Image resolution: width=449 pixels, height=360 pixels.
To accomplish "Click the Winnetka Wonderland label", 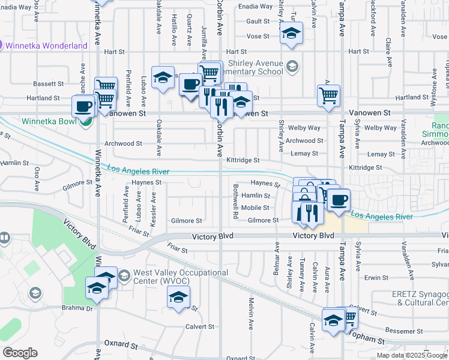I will coord(46,46).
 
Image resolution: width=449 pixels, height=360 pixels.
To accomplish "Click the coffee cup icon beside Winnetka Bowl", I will coord(83,107).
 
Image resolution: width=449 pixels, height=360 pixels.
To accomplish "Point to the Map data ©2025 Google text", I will coord(411,355).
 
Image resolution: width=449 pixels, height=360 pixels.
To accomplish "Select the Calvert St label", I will coord(200,326).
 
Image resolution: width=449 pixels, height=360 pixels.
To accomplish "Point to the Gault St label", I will coord(258,21).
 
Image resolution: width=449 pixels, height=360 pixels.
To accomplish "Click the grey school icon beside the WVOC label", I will coord(124,276).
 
